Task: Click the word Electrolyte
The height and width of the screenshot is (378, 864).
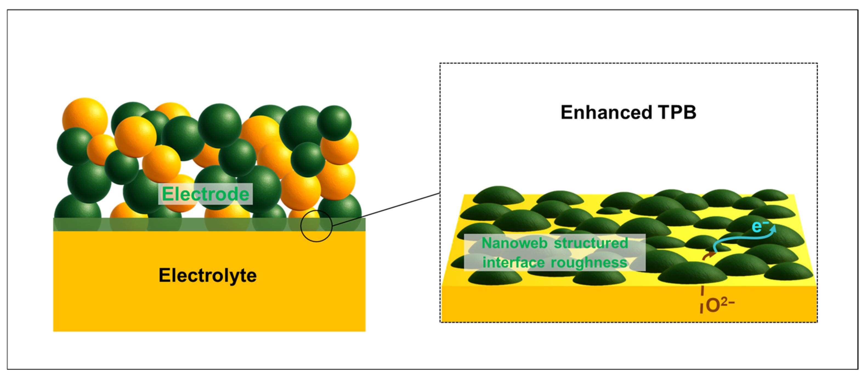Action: pyautogui.click(x=207, y=276)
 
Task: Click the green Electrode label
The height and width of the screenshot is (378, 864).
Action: pyautogui.click(x=205, y=194)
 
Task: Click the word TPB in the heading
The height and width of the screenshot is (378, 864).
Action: pyautogui.click(x=677, y=112)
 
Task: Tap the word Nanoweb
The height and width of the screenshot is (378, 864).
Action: pyautogui.click(x=514, y=243)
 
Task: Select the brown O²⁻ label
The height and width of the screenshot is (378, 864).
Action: pyautogui.click(x=720, y=305)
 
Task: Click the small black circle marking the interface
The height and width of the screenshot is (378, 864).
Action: pyautogui.click(x=316, y=226)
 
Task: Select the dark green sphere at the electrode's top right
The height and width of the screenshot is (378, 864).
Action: pyautogui.click(x=334, y=123)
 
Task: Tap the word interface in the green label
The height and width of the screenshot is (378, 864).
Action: pyautogui.click(x=513, y=262)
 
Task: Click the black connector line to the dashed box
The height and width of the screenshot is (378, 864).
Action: pyautogui.click(x=386, y=210)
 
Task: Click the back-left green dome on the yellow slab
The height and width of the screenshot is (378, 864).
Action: pyautogui.click(x=499, y=195)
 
